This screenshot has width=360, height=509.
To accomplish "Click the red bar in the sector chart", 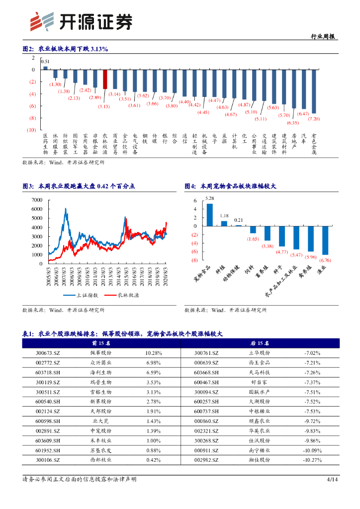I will (105, 79).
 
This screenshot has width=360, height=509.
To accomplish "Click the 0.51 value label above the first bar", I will (45, 62).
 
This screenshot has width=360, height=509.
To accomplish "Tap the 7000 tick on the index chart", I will (37, 200).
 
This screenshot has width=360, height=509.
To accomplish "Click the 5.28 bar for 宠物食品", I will (210, 215).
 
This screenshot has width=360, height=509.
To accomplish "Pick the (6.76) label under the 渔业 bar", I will (325, 260).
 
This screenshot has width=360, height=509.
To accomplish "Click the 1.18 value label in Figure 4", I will (224, 216).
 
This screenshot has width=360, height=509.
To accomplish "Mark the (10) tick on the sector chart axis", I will (31, 130).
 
